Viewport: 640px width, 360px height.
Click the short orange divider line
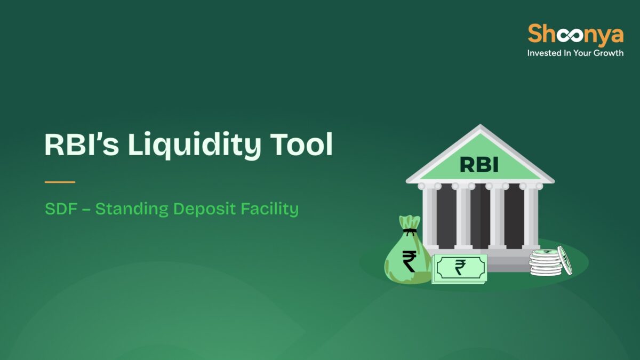click(x=60, y=182)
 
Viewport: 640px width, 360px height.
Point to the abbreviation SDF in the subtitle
click(x=58, y=209)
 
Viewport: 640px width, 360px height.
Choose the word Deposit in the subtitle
click(x=204, y=209)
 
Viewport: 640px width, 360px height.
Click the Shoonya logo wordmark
click(x=575, y=35)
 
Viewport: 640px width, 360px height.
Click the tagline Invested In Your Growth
click(x=575, y=53)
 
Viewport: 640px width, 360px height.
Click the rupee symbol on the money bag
click(x=410, y=261)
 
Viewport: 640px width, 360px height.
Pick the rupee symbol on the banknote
click(x=460, y=268)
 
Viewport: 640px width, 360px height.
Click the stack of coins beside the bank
click(x=545, y=263)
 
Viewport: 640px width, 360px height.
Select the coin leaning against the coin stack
click(x=565, y=260)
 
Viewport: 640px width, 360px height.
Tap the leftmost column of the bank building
click(x=430, y=216)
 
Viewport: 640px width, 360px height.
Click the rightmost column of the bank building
click(x=531, y=216)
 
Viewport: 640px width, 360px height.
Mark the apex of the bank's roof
click(x=480, y=126)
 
